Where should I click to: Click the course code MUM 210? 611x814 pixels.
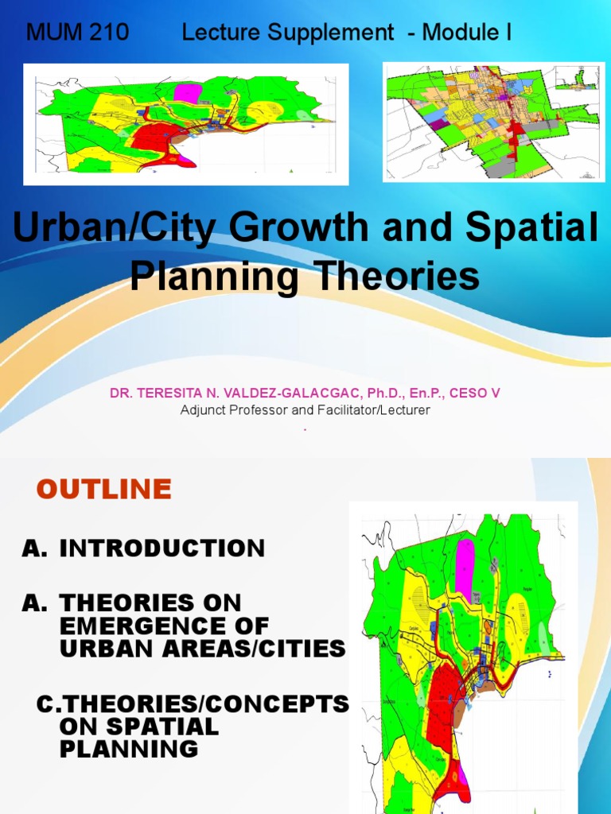pyautogui.click(x=77, y=33)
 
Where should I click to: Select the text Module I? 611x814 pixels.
pyautogui.click(x=467, y=33)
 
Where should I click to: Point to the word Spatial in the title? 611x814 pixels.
pyautogui.click(x=540, y=229)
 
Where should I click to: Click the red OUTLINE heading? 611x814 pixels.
pyautogui.click(x=103, y=489)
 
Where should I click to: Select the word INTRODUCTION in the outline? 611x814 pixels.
pyautogui.click(x=162, y=548)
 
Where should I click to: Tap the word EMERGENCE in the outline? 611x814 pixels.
pyautogui.click(x=164, y=626)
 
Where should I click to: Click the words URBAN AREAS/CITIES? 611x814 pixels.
pyautogui.click(x=202, y=649)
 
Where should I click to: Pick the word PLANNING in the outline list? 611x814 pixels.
pyautogui.click(x=129, y=748)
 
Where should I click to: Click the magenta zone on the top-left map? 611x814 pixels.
pyautogui.click(x=188, y=92)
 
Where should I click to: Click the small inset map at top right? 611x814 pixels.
pyautogui.click(x=576, y=78)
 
